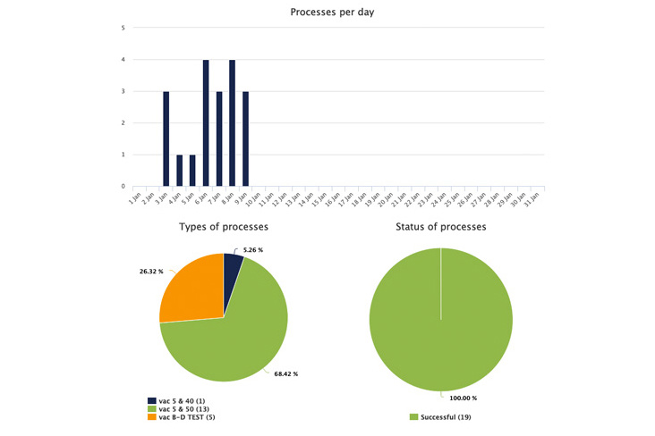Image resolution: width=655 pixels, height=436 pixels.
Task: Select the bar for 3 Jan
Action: (x=166, y=138)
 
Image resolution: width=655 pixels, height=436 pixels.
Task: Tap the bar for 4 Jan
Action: (x=179, y=171)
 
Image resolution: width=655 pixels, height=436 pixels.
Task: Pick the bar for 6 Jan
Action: (x=206, y=122)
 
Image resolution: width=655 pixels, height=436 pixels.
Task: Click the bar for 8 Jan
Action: (x=232, y=122)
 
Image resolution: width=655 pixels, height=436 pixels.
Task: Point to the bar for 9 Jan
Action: (x=245, y=138)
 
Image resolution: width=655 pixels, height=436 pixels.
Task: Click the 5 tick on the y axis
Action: (x=123, y=28)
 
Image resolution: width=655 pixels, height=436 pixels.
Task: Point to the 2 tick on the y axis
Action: (x=123, y=123)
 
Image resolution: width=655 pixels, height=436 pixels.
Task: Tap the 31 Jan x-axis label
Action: (x=535, y=197)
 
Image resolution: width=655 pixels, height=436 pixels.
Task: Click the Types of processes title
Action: (x=224, y=227)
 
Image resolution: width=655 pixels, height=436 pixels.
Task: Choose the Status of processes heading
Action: (x=440, y=227)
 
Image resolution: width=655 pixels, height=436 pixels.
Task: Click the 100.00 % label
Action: (x=463, y=398)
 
